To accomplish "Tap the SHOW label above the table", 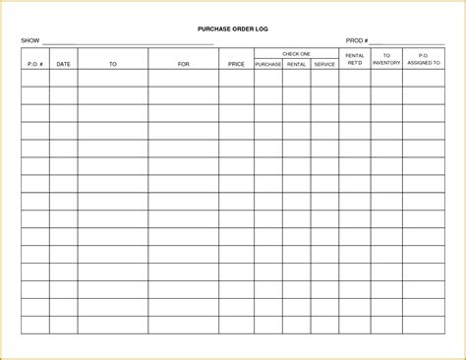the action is click(x=29, y=41).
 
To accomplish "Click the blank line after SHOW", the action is click(x=128, y=43).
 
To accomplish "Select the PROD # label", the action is click(x=357, y=41).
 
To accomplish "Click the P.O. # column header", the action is click(x=34, y=64).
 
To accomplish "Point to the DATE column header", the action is click(x=63, y=64).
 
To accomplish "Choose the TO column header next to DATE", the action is click(x=112, y=64).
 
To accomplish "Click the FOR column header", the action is click(x=183, y=64).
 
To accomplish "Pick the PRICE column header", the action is click(x=236, y=64).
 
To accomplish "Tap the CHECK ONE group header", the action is click(x=296, y=53).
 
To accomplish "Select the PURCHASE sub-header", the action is click(x=268, y=65).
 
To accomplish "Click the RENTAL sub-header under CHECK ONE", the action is click(x=297, y=65).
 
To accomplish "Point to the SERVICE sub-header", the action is click(x=324, y=65).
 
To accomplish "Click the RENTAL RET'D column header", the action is click(x=355, y=60).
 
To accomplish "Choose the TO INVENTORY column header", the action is click(x=386, y=60).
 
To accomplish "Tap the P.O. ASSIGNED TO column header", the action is click(x=423, y=60).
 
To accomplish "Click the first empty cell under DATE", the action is click(x=63, y=78).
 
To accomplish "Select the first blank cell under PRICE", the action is click(x=236, y=78).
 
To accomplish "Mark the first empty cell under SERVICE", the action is click(x=324, y=78).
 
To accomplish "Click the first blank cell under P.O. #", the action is click(x=34, y=78).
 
